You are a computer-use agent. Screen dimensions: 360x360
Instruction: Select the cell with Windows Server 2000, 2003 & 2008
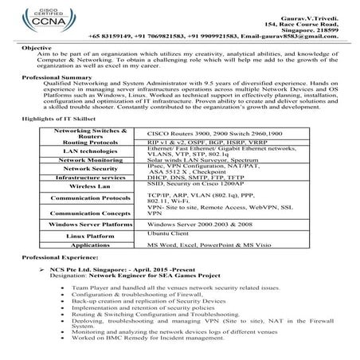(194, 225)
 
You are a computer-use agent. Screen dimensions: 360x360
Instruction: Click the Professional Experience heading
(58, 259)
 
